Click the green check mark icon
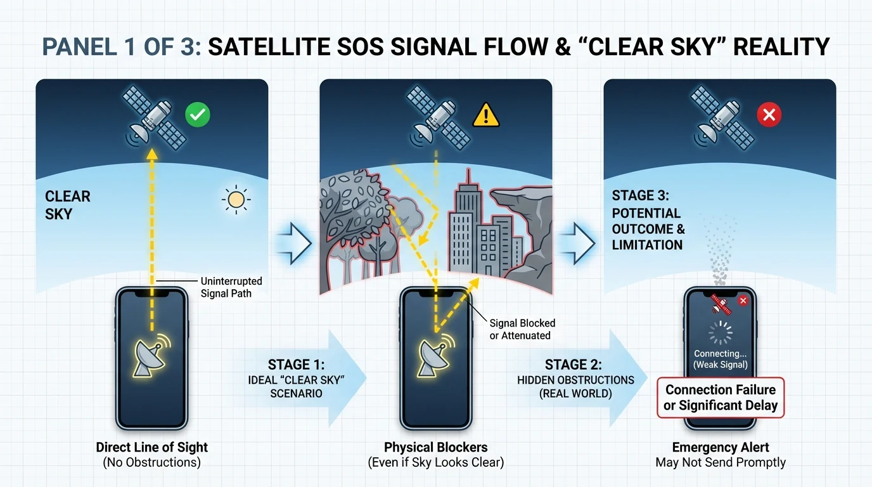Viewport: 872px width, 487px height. tap(198, 115)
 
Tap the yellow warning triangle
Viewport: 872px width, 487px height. tap(486, 115)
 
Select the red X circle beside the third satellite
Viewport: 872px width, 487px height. tap(769, 115)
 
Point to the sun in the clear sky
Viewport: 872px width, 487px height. tap(236, 200)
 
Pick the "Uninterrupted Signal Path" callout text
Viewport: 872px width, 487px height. tap(231, 287)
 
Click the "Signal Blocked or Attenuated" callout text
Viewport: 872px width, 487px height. tap(522, 329)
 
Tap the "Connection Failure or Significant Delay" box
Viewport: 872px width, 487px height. tap(721, 398)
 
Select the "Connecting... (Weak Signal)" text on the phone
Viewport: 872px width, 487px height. tap(720, 359)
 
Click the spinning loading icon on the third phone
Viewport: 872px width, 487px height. tap(720, 333)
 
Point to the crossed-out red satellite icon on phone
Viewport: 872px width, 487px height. tap(720, 304)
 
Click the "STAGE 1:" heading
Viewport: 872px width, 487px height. tap(296, 365)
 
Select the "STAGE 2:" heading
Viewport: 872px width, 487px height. tap(573, 365)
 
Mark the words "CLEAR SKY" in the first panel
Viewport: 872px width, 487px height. tap(68, 205)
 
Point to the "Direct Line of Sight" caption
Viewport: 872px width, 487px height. tap(152, 447)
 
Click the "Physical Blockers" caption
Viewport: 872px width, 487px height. tap(435, 447)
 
